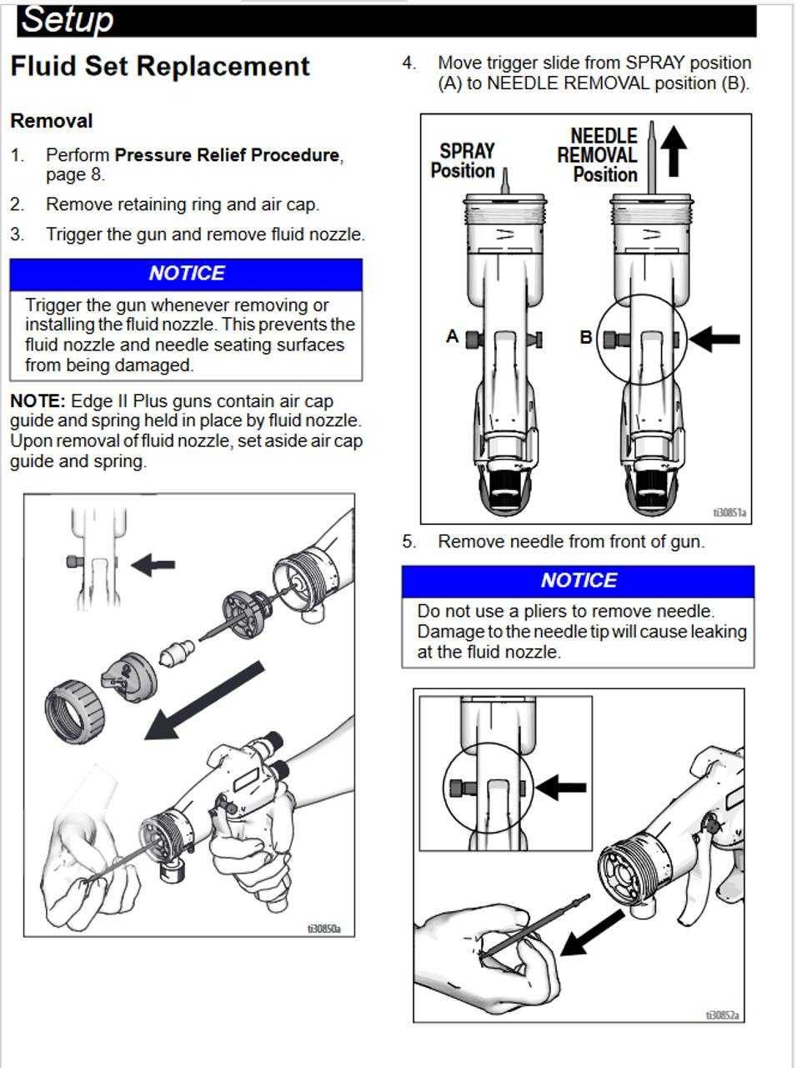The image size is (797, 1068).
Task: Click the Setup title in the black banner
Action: pyautogui.click(x=67, y=19)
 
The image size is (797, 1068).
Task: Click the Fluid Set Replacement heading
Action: pyautogui.click(x=159, y=66)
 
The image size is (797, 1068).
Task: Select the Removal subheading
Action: pyautogui.click(x=51, y=121)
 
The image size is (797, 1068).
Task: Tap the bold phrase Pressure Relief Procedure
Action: pyautogui.click(x=227, y=155)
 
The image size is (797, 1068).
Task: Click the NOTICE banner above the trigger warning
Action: pyautogui.click(x=186, y=274)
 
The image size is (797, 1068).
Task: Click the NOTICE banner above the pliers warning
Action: pyautogui.click(x=578, y=581)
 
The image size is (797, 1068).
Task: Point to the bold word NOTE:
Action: pyautogui.click(x=37, y=401)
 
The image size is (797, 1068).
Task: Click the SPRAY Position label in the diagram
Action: pyautogui.click(x=465, y=161)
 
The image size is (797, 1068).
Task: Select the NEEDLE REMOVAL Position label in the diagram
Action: pyautogui.click(x=599, y=155)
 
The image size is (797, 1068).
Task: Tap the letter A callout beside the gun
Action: pyautogui.click(x=452, y=336)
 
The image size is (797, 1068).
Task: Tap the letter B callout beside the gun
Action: pyautogui.click(x=586, y=337)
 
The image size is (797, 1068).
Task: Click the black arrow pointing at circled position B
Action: pyautogui.click(x=715, y=339)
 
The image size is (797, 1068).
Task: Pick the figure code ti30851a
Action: pyautogui.click(x=729, y=513)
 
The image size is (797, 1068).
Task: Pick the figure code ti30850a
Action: pyautogui.click(x=323, y=928)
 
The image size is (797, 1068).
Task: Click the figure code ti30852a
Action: pyautogui.click(x=723, y=1015)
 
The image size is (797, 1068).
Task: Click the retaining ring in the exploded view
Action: pyautogui.click(x=74, y=709)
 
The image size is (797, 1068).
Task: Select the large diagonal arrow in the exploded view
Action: pyautogui.click(x=204, y=700)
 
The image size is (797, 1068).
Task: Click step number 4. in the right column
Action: pyautogui.click(x=409, y=63)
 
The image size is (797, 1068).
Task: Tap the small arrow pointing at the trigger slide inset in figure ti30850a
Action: pyautogui.click(x=153, y=564)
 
